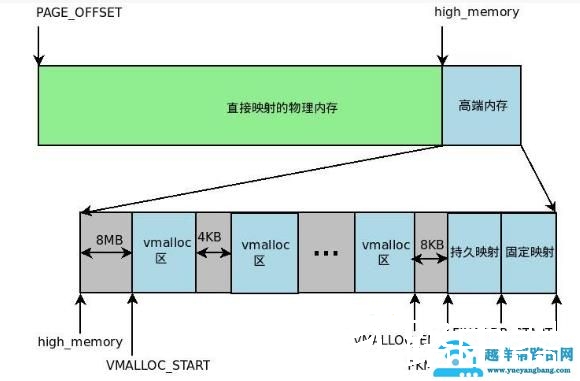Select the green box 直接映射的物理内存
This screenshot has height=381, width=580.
coord(239,106)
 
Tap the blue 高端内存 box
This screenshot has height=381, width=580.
coord(481,105)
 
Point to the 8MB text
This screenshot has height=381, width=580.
coord(108,241)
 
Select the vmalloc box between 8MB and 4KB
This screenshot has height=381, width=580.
coord(163,251)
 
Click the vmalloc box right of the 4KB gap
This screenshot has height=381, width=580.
coord(264,251)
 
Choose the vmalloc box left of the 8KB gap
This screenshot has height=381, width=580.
coord(384,251)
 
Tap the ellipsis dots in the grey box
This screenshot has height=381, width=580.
coord(325,253)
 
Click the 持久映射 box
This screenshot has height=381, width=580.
coord(473,251)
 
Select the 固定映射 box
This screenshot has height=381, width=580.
coord(527,251)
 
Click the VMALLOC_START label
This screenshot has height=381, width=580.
coord(159,364)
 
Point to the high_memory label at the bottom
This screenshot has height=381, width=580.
coord(80,341)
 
